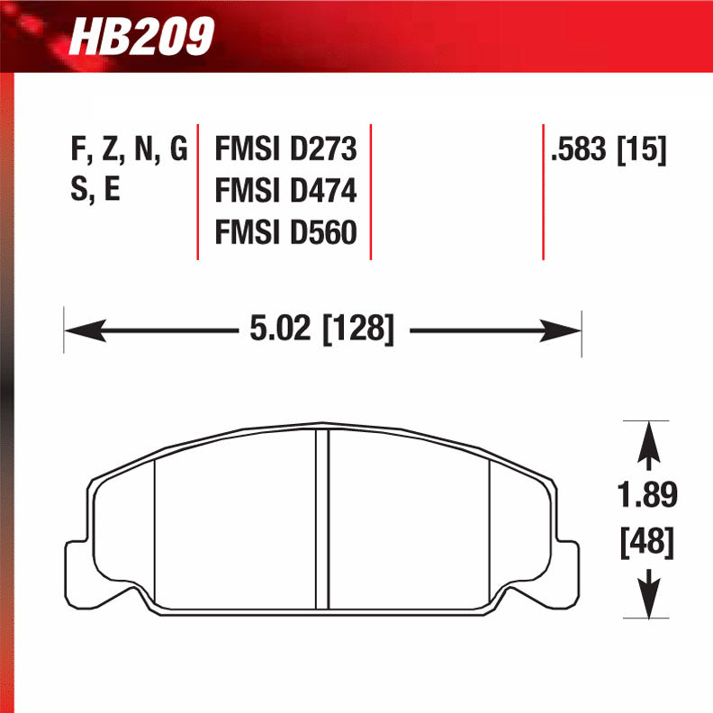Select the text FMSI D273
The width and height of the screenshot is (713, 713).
tap(285, 149)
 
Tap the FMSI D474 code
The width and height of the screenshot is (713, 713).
tap(285, 191)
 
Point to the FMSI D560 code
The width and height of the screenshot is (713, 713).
tap(285, 233)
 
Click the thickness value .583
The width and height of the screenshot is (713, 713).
tap(580, 149)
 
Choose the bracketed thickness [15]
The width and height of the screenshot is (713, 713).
tap(642, 149)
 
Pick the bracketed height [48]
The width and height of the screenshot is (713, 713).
tap(647, 542)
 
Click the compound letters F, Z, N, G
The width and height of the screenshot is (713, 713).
tap(129, 149)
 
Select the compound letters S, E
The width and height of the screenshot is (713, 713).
tap(95, 191)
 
